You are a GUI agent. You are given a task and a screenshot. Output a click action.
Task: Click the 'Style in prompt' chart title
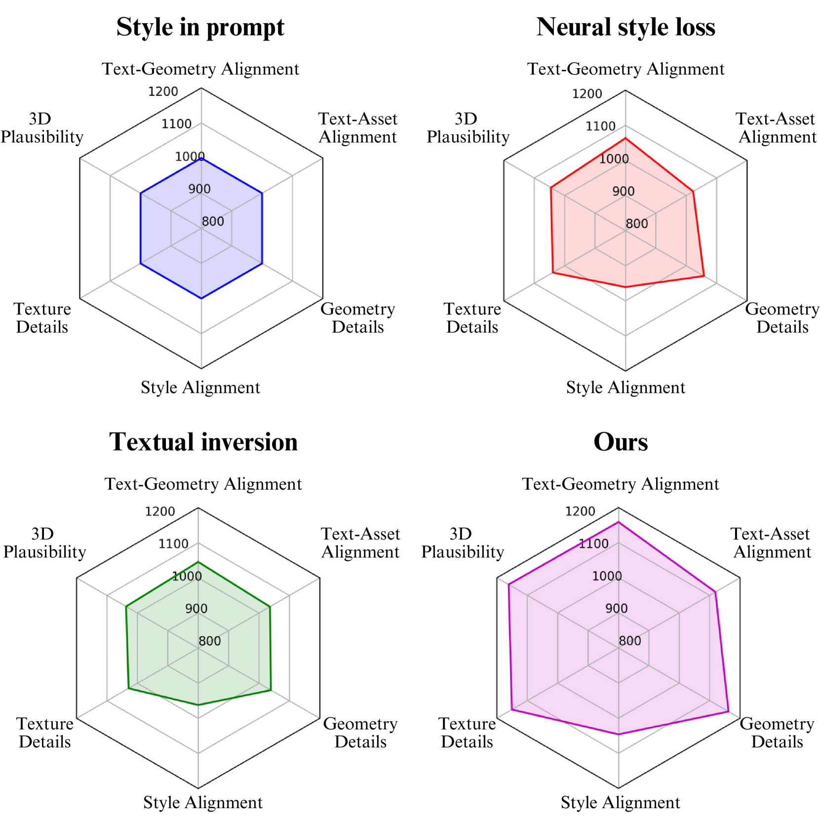(200, 27)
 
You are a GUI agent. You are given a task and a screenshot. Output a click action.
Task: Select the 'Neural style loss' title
(625, 27)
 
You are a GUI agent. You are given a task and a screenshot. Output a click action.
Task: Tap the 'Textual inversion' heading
(203, 442)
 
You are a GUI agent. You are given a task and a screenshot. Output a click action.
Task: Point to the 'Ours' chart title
(620, 442)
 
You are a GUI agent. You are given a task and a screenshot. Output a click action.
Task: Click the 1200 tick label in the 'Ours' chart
(580, 511)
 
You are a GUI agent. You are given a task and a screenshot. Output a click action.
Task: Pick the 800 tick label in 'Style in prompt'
(213, 221)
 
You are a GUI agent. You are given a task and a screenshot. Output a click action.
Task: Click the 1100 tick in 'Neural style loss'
(600, 126)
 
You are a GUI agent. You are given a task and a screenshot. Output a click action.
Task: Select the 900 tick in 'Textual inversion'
(196, 608)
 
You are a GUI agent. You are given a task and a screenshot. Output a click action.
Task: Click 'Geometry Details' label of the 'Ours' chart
(777, 733)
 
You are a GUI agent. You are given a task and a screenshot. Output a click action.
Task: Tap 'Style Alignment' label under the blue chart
(200, 388)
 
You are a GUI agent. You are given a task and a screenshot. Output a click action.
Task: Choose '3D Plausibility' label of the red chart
(468, 128)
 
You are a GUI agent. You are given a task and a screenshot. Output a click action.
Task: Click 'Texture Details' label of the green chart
(44, 733)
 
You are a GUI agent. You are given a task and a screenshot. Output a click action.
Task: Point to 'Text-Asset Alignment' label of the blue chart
(357, 128)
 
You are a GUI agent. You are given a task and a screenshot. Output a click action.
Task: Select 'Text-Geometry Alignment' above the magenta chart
(620, 484)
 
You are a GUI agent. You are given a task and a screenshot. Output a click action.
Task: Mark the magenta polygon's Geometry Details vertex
(728, 711)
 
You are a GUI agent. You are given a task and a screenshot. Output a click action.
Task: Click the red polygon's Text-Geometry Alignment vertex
(625, 139)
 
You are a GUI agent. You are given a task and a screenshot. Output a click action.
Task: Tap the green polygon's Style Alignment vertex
(198, 705)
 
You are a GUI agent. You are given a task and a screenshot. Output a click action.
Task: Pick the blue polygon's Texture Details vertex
(141, 264)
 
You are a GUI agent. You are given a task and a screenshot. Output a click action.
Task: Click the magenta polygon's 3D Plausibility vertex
(508, 585)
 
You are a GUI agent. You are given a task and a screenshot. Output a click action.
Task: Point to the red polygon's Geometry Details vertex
(704, 276)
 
